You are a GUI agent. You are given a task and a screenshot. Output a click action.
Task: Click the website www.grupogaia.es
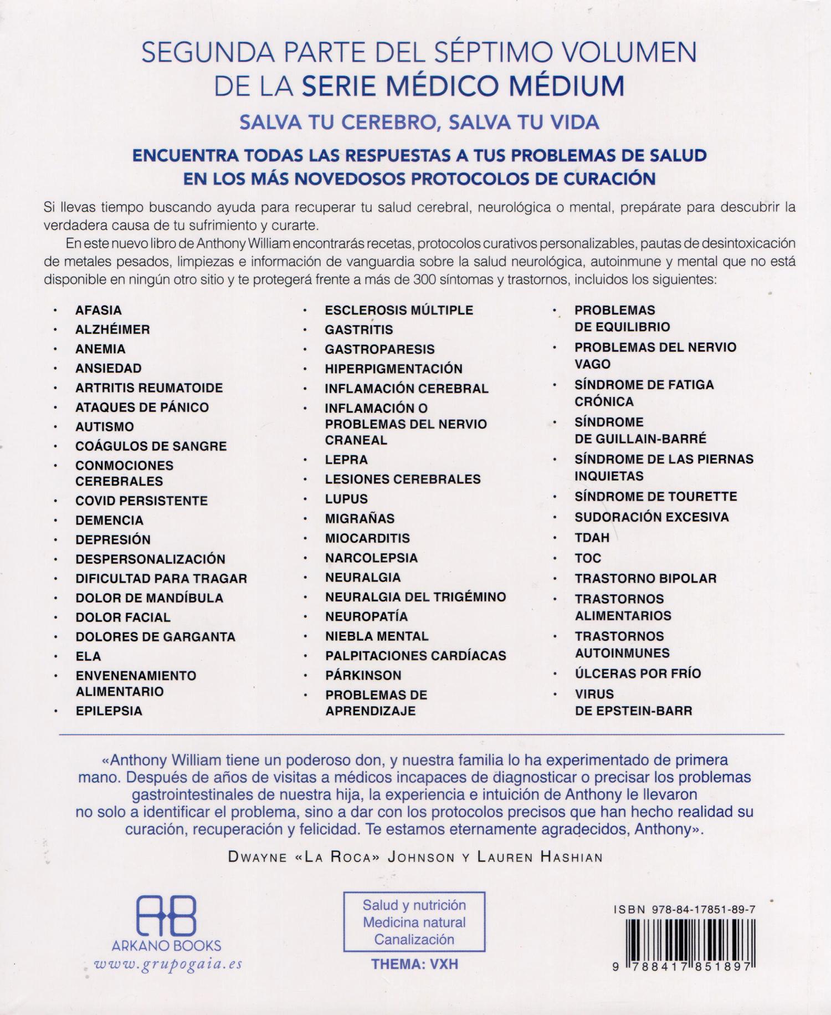[x=169, y=963]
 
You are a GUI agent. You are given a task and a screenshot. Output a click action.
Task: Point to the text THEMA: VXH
[x=414, y=964]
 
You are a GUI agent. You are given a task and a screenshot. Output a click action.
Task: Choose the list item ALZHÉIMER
[x=112, y=329]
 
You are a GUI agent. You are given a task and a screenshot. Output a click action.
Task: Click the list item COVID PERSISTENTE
[x=141, y=501]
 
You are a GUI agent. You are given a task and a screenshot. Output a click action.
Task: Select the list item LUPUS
[x=346, y=499]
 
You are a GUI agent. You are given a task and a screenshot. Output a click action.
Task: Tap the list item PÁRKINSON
[x=363, y=675]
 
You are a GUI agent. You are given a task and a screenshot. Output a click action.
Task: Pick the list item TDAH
[x=592, y=537]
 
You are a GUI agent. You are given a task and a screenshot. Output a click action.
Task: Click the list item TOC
[x=588, y=558]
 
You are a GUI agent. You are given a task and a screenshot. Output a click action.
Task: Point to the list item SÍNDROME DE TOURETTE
[x=655, y=496]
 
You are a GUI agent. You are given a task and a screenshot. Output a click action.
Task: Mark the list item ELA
[x=88, y=656]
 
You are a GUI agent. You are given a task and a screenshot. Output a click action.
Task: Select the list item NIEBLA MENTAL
[x=377, y=636]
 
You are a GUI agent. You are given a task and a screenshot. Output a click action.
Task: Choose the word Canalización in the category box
[x=414, y=940]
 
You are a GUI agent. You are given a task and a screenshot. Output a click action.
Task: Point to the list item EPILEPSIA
[x=109, y=711]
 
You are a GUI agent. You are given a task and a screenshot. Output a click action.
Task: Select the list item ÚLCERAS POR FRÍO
[x=638, y=674]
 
